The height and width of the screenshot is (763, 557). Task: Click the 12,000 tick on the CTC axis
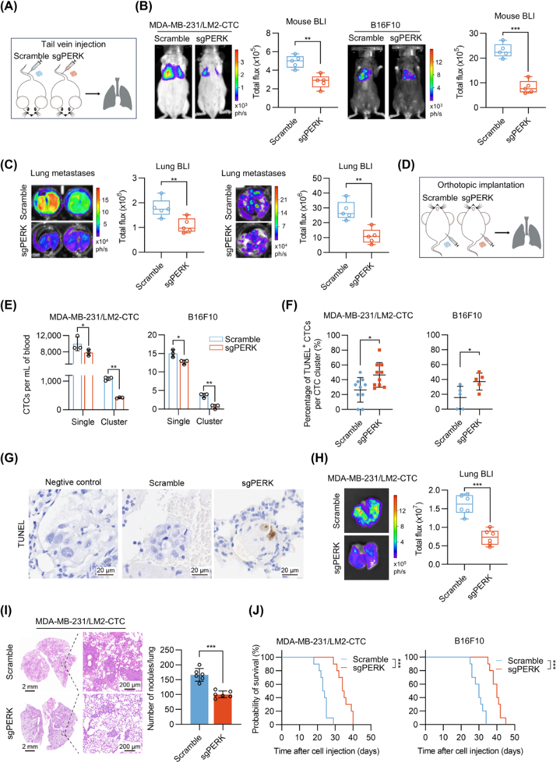coord(52,336)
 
